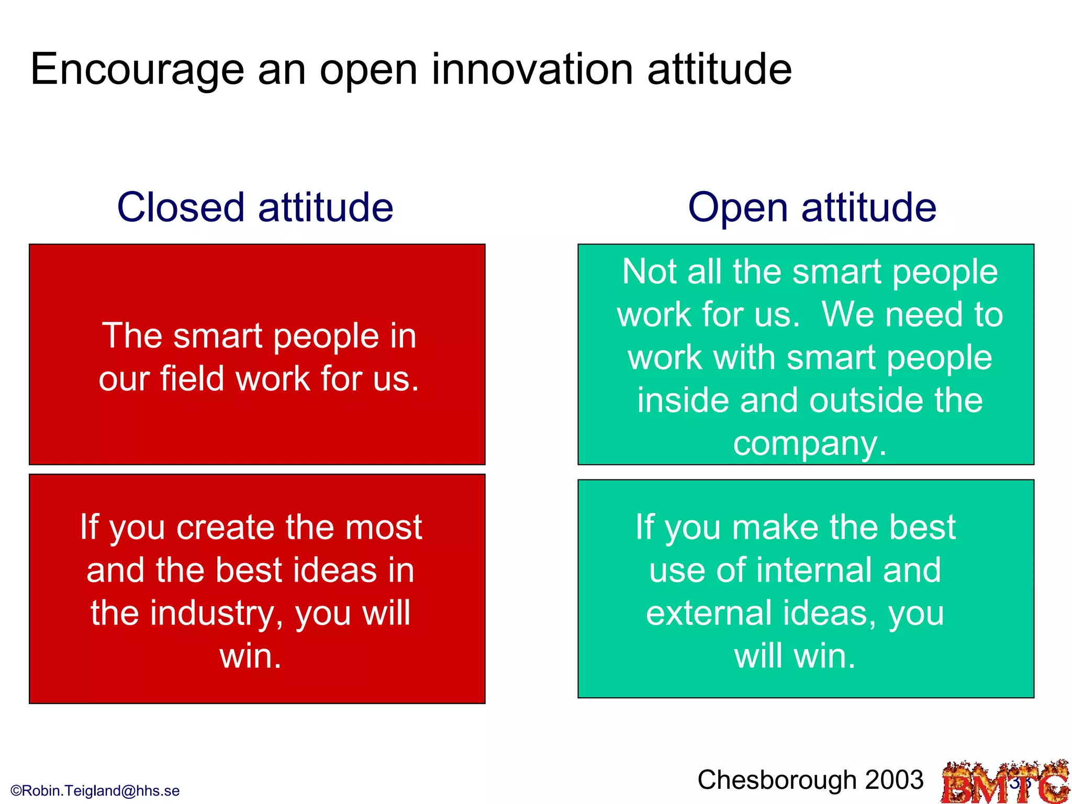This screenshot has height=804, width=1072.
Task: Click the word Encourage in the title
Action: click(137, 70)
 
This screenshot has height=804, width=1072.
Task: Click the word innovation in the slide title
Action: click(532, 69)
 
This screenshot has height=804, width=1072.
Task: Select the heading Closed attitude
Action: click(255, 207)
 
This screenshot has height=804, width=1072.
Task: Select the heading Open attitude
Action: click(812, 207)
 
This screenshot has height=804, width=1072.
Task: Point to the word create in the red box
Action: click(226, 527)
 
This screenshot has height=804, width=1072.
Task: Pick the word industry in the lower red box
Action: click(213, 613)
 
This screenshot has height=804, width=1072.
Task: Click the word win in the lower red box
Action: click(250, 656)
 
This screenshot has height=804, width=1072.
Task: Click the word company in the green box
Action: click(809, 444)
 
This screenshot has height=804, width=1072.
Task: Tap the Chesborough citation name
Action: click(777, 780)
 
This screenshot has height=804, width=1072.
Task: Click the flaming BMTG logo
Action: click(1005, 783)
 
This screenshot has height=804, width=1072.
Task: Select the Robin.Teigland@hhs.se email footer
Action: click(95, 790)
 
